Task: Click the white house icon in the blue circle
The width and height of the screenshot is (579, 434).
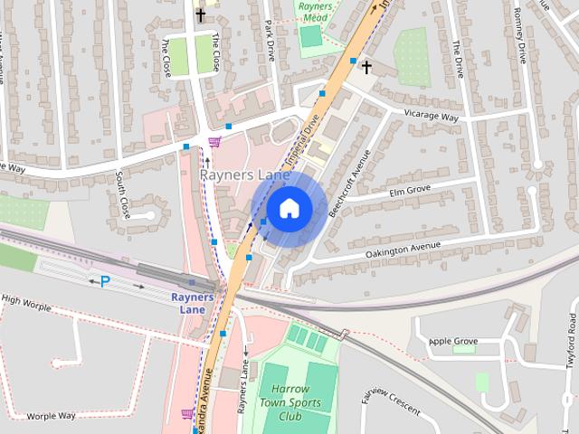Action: (289, 208)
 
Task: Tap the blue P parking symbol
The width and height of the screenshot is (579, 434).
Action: (105, 282)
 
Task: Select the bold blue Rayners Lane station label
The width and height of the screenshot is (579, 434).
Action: (193, 302)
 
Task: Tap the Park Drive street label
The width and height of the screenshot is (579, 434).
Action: (270, 42)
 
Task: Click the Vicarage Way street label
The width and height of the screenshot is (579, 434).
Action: (432, 118)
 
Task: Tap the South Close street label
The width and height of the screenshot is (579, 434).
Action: (124, 193)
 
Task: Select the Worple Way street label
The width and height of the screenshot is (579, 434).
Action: (51, 416)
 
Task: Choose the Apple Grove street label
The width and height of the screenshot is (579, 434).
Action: (452, 341)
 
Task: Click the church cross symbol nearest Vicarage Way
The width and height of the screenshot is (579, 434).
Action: (366, 67)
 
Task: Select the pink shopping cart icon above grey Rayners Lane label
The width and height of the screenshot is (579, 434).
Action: (214, 141)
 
